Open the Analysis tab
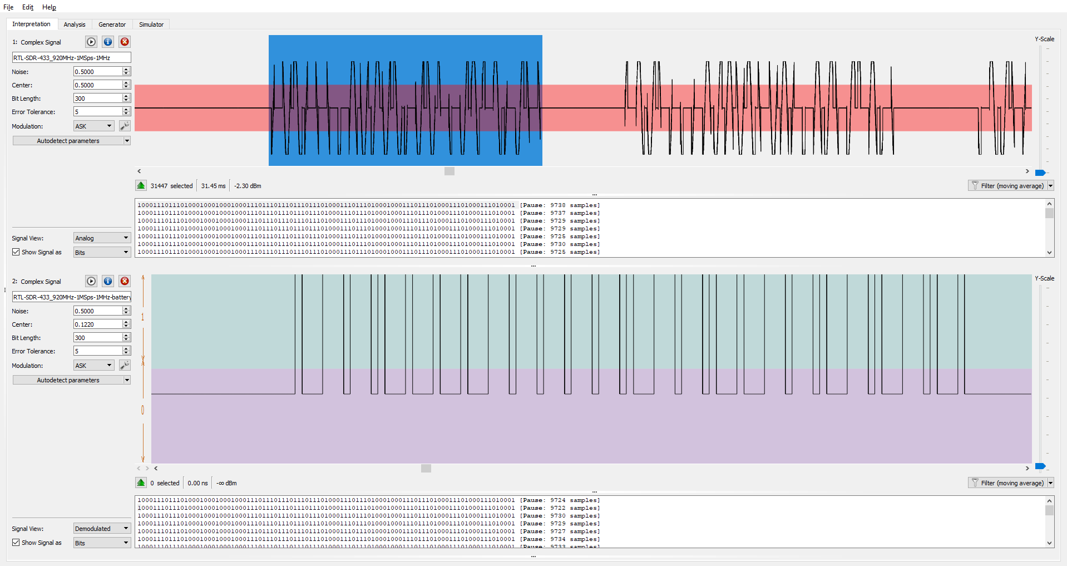point(75,24)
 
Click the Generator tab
point(112,24)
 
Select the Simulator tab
point(151,24)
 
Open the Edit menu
point(28,7)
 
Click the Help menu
point(49,7)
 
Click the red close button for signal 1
point(125,42)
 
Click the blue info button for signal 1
point(108,42)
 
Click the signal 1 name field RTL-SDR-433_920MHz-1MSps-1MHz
point(71,58)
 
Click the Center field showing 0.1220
point(97,324)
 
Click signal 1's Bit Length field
point(97,99)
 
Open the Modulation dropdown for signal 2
point(93,366)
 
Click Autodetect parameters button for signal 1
point(68,141)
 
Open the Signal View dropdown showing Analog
point(102,238)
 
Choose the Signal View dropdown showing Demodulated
point(102,529)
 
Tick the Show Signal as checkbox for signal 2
point(16,543)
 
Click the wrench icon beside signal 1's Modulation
point(125,126)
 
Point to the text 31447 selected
point(171,186)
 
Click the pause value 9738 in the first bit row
point(557,205)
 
